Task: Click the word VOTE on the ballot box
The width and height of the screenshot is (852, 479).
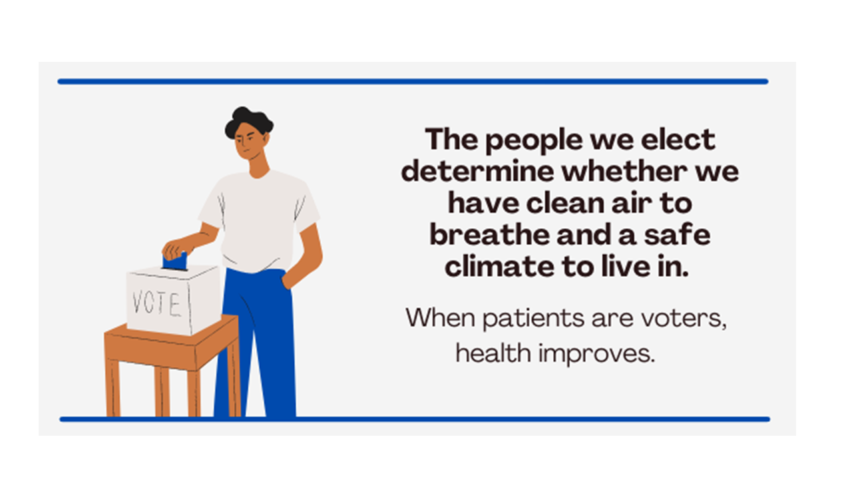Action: click(x=156, y=303)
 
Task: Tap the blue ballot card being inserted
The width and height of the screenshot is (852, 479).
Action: click(x=175, y=261)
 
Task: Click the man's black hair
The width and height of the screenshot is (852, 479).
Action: click(x=248, y=122)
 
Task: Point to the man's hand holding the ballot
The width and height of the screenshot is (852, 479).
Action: click(x=177, y=249)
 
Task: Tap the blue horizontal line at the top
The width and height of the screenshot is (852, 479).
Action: click(x=413, y=81)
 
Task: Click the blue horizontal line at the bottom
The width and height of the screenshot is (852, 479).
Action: click(x=415, y=419)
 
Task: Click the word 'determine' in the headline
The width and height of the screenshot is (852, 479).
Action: click(x=478, y=172)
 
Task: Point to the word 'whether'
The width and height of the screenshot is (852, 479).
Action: click(x=624, y=172)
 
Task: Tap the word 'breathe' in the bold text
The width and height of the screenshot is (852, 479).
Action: click(x=489, y=235)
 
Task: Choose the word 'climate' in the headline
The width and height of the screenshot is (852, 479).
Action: click(x=500, y=267)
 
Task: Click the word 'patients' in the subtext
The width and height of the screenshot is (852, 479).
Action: click(x=534, y=319)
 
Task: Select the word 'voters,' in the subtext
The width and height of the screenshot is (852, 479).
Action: click(x=684, y=319)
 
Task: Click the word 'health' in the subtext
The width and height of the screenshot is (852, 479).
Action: click(x=493, y=353)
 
